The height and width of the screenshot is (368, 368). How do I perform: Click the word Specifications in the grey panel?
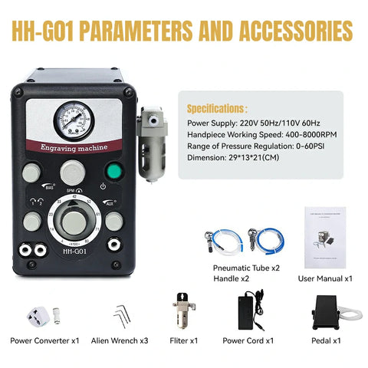tap(217, 110)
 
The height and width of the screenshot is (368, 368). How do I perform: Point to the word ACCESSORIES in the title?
tap(273, 31)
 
